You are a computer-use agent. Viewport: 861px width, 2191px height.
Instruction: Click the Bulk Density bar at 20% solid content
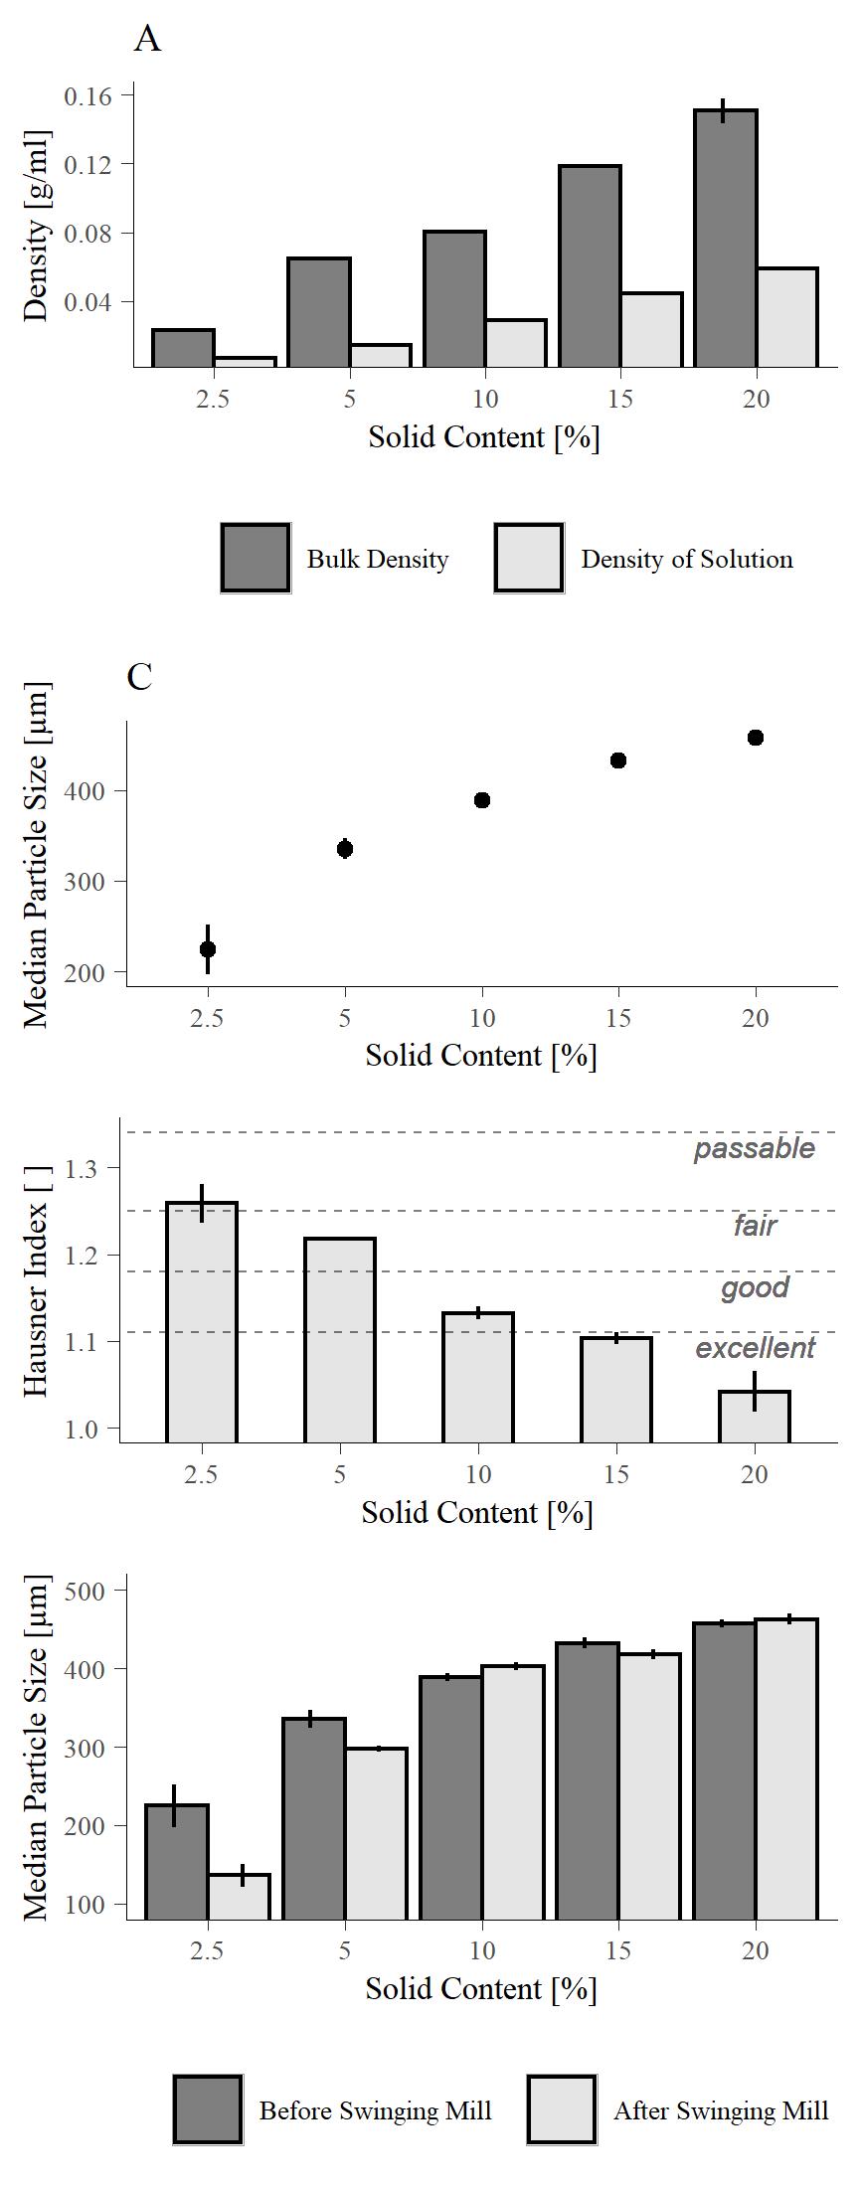726,239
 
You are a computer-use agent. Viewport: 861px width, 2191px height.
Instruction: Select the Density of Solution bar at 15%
651,330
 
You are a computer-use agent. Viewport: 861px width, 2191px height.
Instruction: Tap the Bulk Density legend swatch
256,558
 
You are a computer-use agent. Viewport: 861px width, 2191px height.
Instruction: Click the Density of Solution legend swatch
529,558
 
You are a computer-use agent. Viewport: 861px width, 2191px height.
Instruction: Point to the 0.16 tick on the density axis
87,95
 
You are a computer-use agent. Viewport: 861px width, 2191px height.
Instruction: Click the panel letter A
147,39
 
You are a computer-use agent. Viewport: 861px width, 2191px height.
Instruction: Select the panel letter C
140,676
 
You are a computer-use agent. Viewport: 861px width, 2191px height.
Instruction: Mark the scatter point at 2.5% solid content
208,949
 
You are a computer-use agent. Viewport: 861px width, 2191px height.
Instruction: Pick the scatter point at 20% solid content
756,738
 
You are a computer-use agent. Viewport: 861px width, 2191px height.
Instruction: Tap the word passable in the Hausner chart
754,1148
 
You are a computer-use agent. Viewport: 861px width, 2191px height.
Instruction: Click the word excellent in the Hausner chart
755,1348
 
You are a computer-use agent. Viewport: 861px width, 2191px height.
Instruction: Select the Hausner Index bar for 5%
340,1340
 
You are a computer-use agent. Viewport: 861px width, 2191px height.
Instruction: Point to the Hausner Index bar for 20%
755,1417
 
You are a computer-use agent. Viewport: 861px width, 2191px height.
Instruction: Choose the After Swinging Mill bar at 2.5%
239,1896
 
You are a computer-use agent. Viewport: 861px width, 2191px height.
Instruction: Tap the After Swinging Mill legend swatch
562,2109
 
